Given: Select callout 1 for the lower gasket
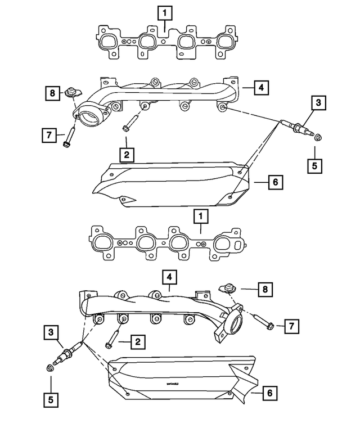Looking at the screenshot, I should point(199,215).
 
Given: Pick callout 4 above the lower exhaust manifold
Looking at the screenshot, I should point(168,277).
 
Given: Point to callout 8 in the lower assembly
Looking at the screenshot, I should point(264,290).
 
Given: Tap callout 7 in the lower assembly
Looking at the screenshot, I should point(292,326).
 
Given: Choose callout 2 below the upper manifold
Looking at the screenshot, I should point(127,154).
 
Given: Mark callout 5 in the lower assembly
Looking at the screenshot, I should point(51,400).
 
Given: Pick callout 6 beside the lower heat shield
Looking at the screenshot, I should point(269,394).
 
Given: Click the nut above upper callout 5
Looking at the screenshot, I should point(317,137).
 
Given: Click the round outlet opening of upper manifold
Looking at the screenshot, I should point(89,119).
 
